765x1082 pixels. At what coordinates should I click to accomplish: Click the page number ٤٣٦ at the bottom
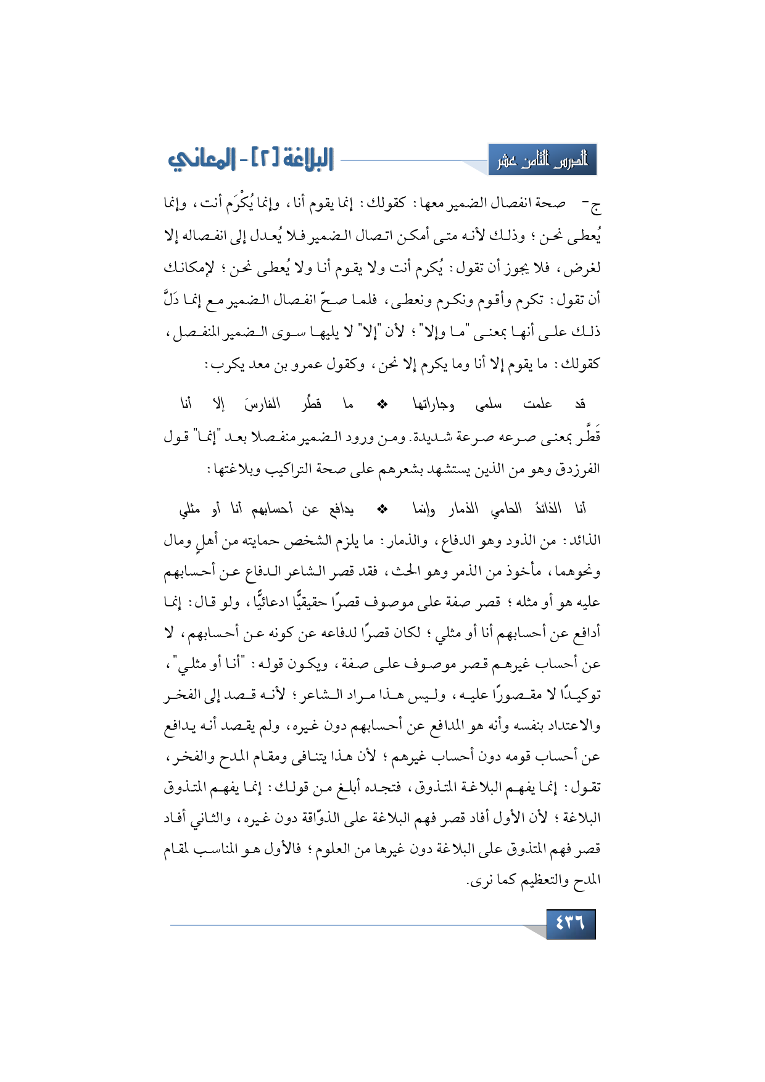click(x=570, y=923)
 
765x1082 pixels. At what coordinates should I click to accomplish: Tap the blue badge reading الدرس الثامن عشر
click(x=542, y=160)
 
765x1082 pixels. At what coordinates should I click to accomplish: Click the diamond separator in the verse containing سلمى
click(x=382, y=405)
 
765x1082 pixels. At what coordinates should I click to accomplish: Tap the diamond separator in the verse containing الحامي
click(x=382, y=509)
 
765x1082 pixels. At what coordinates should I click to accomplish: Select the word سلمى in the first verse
click(x=489, y=405)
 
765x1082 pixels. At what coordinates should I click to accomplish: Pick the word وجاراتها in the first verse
click(x=434, y=405)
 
